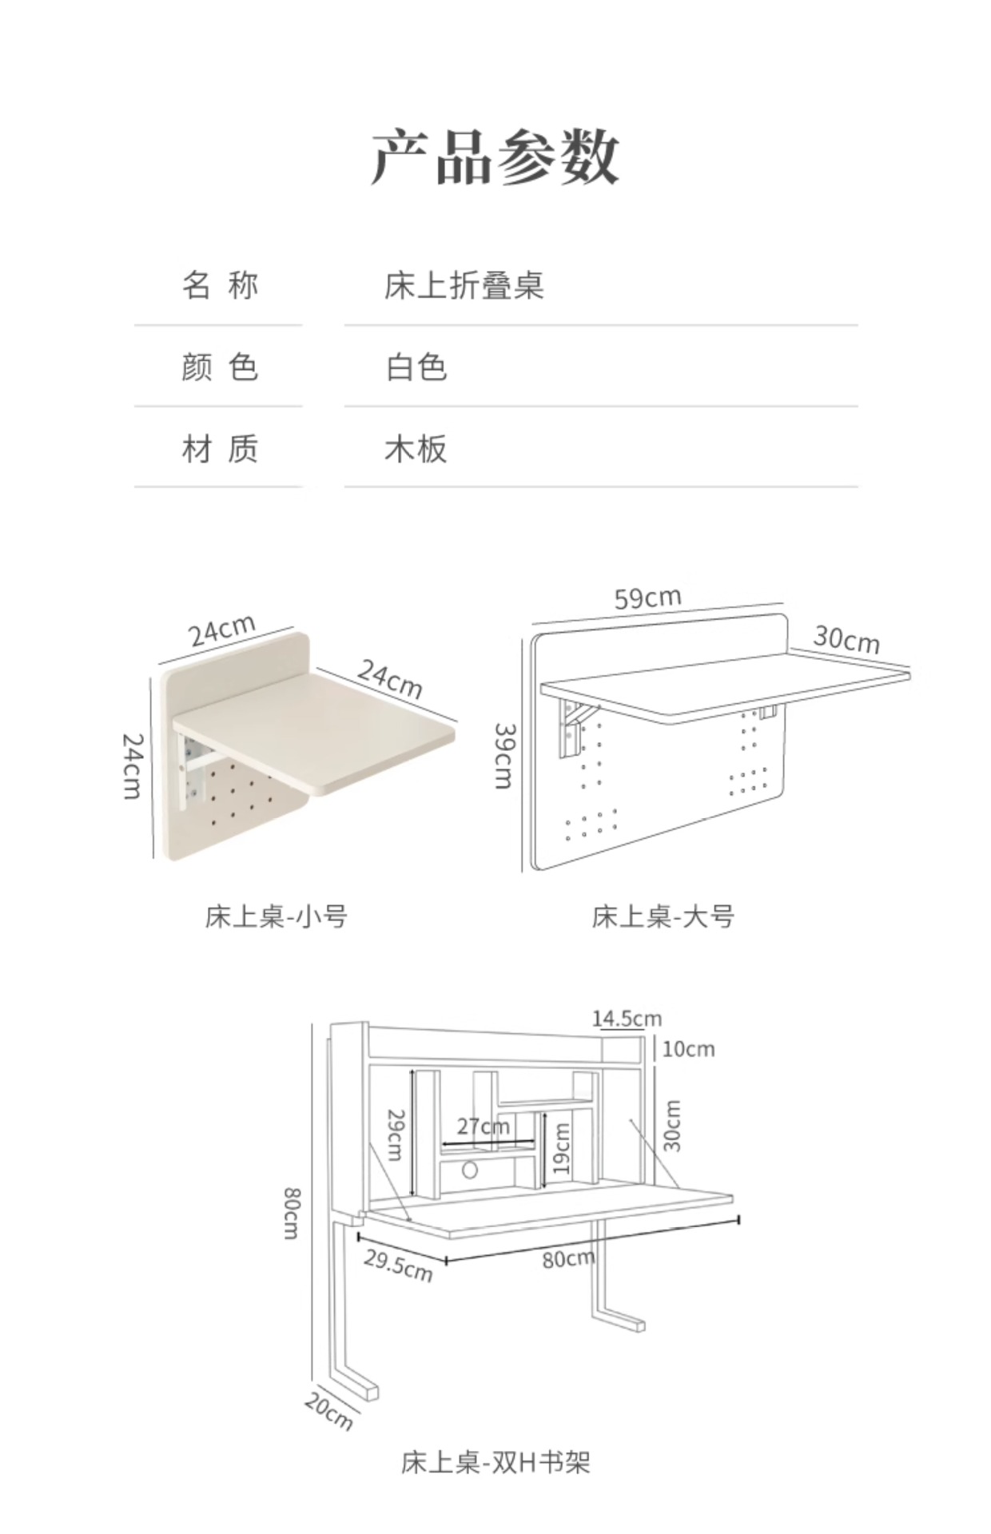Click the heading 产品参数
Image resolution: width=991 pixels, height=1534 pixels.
pyautogui.click(x=495, y=157)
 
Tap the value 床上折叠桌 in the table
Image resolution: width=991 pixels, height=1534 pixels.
pyautogui.click(x=464, y=286)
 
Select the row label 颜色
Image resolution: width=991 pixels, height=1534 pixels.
pyautogui.click(x=219, y=368)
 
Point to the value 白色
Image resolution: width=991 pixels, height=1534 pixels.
pyautogui.click(x=416, y=368)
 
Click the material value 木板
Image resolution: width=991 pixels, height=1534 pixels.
pyautogui.click(x=416, y=449)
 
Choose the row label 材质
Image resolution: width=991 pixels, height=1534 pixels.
pyautogui.click(x=219, y=449)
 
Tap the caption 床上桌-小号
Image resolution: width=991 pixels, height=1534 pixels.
pyautogui.click(x=276, y=916)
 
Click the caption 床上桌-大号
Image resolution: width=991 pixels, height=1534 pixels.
pyautogui.click(x=663, y=916)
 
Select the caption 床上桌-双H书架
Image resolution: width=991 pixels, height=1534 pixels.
pyautogui.click(x=495, y=1462)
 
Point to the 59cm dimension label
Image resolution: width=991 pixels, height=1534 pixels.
pyautogui.click(x=647, y=598)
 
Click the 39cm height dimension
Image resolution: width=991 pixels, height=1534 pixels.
pyautogui.click(x=503, y=756)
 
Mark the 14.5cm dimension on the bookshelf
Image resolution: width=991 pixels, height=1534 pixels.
pyautogui.click(x=627, y=1019)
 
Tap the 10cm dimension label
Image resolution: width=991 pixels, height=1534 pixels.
pyautogui.click(x=688, y=1049)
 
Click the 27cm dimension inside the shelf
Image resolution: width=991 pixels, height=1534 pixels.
pyautogui.click(x=483, y=1127)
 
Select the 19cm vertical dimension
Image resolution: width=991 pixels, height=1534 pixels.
pyautogui.click(x=562, y=1149)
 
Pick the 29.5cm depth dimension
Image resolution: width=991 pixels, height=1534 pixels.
pyautogui.click(x=398, y=1265)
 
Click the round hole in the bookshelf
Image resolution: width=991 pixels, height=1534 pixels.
pyautogui.click(x=470, y=1171)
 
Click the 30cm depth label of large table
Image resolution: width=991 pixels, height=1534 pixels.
pyautogui.click(x=846, y=640)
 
